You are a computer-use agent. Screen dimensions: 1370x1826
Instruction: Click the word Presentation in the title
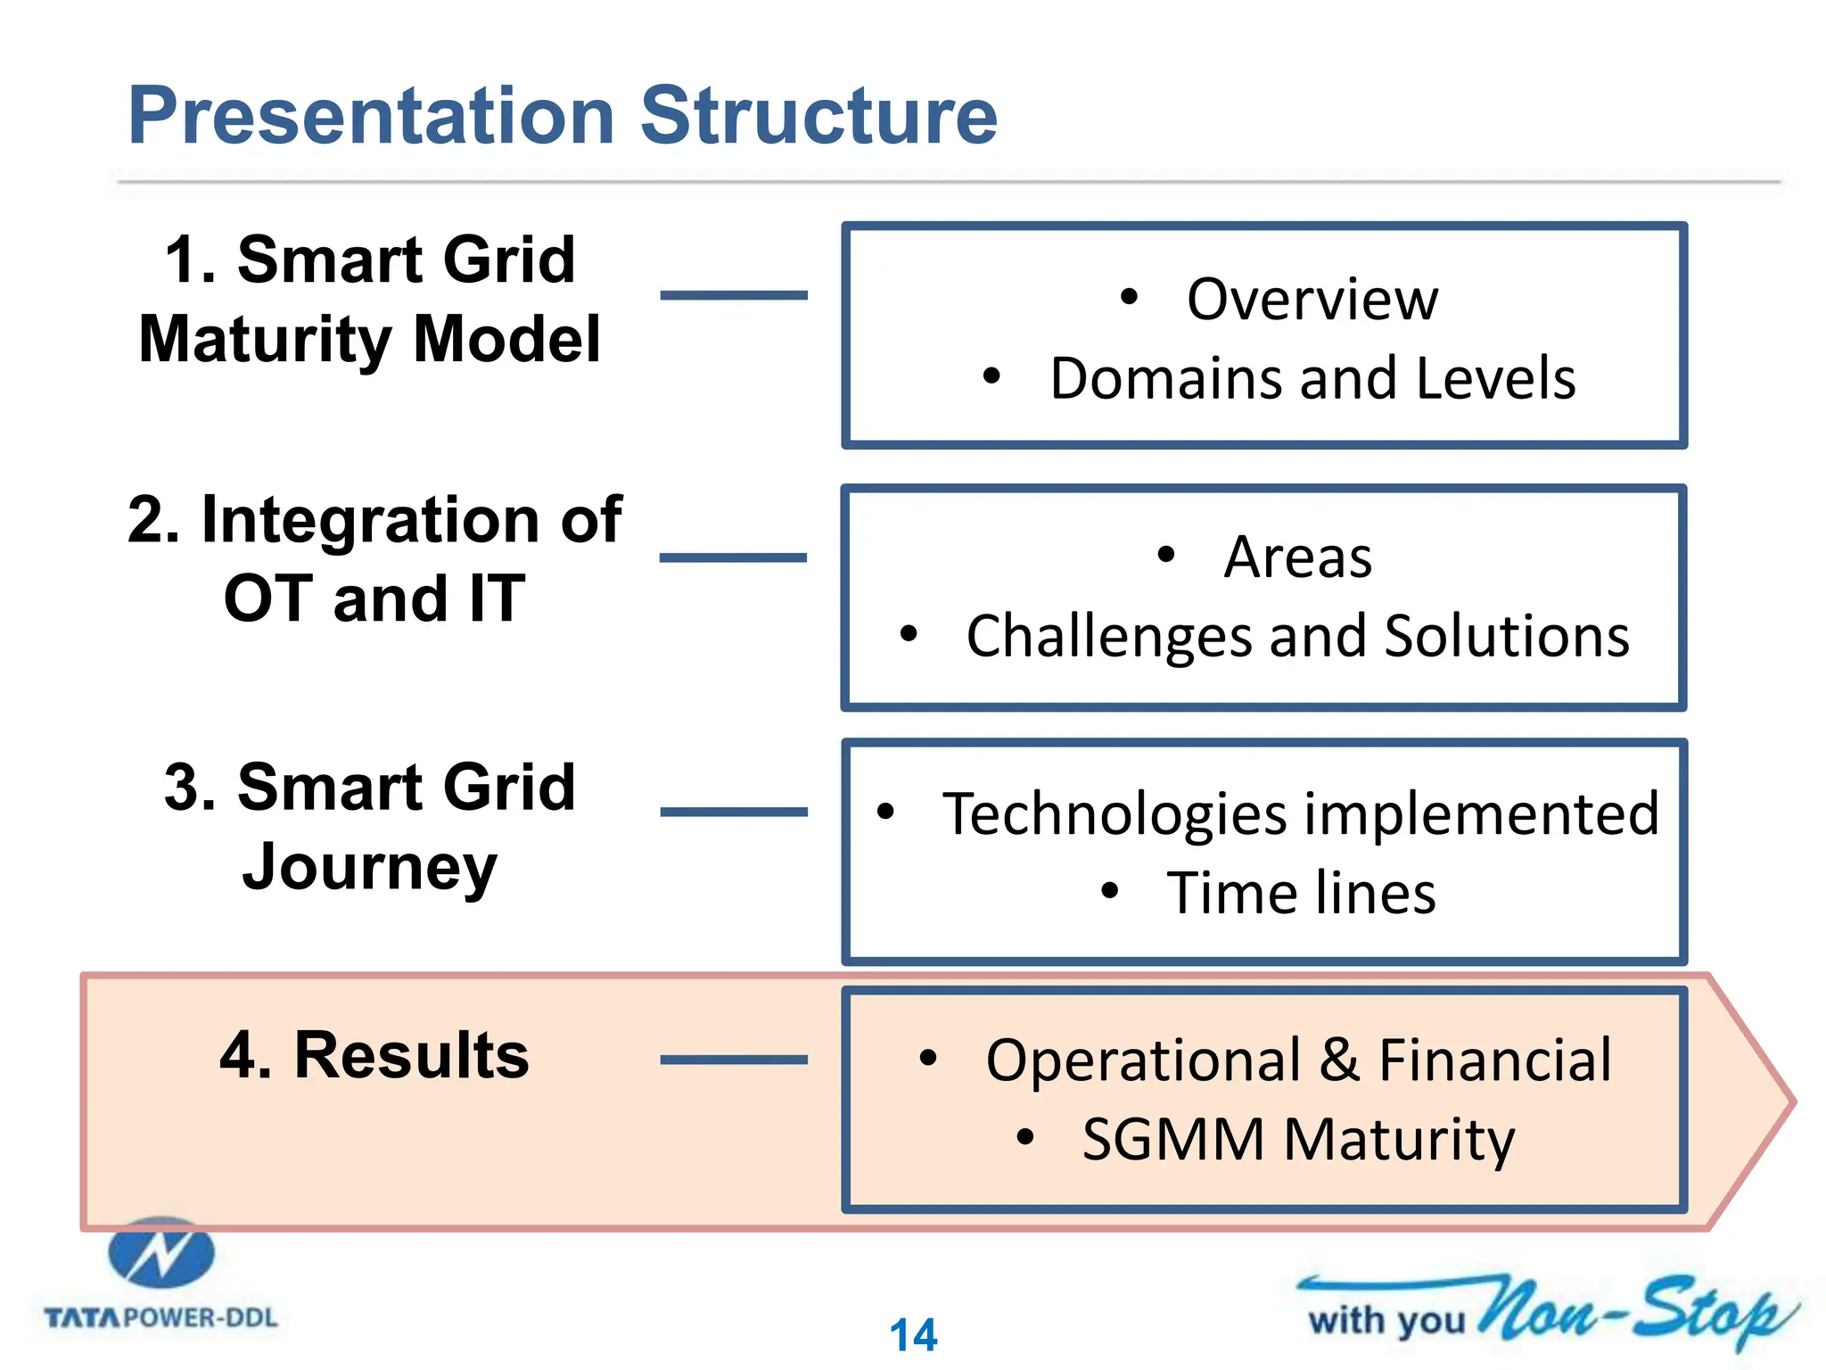tap(371, 116)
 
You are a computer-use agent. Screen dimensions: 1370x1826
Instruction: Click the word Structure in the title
tap(818, 116)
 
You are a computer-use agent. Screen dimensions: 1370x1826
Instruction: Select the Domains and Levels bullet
tap(1312, 378)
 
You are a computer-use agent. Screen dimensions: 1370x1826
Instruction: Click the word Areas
tap(1297, 557)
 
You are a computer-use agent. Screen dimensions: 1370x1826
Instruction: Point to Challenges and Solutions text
tap(1297, 637)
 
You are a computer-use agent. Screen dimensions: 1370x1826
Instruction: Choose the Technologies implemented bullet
tap(1301, 813)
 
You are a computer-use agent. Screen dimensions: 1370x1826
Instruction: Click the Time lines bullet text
tap(1301, 893)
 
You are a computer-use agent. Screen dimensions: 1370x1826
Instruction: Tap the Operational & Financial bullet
tap(1298, 1061)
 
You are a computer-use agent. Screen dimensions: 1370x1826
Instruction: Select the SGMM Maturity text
tap(1298, 1140)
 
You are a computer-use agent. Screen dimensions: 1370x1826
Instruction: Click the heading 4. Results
tap(374, 1055)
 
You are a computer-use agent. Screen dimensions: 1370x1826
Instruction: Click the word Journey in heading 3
tap(369, 867)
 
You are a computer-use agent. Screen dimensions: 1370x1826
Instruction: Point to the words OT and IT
tap(374, 598)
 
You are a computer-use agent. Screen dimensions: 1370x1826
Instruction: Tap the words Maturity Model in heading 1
tap(369, 340)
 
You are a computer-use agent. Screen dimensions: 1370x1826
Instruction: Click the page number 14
tap(913, 1335)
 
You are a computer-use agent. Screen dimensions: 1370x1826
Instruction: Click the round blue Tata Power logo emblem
tap(161, 1253)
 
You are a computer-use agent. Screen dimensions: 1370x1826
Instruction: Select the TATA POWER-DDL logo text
tap(161, 1317)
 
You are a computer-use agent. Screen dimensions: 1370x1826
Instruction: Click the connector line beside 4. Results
tap(734, 1060)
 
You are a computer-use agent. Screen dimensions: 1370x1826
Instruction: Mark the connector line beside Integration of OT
tap(734, 557)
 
